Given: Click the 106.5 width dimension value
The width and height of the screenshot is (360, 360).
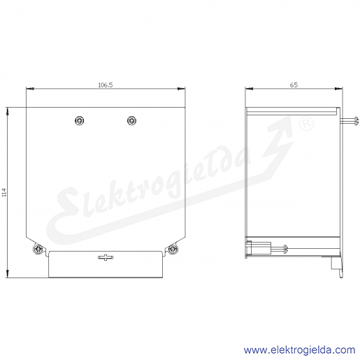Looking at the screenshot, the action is point(106,85).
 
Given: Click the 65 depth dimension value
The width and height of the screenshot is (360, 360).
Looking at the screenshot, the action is point(294,85).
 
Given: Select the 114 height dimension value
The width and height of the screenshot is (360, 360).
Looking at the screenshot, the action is point(5,192).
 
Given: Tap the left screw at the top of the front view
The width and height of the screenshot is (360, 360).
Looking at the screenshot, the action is point(80,120).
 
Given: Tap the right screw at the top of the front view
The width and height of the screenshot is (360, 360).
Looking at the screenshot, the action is point(131,120).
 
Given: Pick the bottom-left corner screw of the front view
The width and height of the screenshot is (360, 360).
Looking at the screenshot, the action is point(38,249).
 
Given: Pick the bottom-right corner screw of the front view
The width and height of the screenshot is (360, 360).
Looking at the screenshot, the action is point(173,249).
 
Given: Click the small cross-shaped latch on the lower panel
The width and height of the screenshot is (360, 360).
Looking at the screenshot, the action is point(106,257).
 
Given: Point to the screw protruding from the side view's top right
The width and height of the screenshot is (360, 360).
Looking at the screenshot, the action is point(349,121).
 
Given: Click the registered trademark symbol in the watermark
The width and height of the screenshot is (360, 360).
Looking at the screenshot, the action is point(306,124).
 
